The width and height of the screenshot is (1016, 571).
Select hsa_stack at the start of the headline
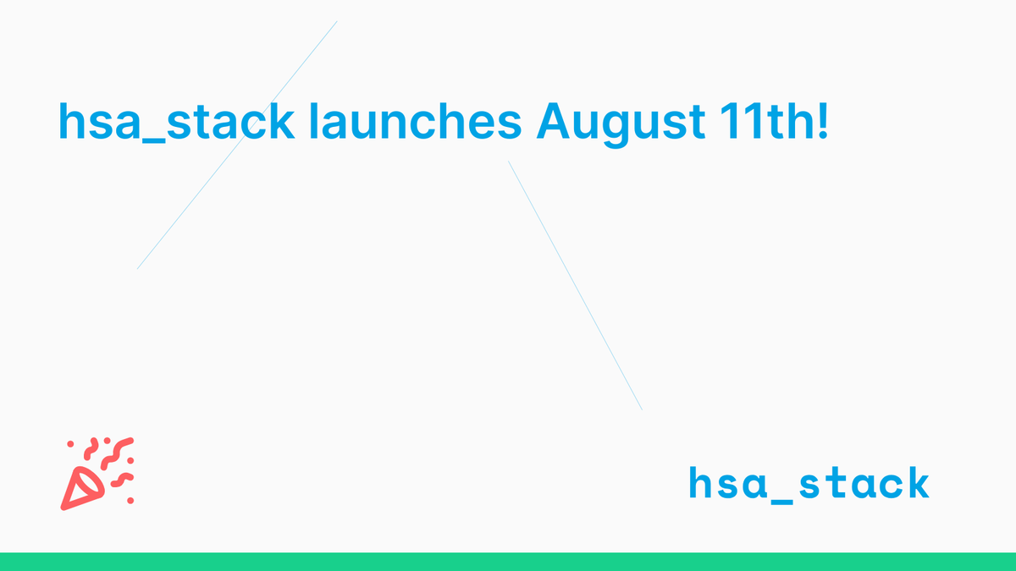pos(175,124)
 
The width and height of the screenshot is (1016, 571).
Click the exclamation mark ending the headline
pos(822,124)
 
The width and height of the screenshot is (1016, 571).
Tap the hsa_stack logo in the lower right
pos(809,484)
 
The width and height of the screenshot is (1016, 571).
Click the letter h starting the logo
pos(700,482)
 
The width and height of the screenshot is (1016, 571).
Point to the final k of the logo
pos(917,482)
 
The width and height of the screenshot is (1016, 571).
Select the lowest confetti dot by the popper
pos(130,501)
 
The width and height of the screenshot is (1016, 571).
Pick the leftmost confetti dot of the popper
pos(71,443)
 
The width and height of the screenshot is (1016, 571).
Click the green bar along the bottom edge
pos(508,562)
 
